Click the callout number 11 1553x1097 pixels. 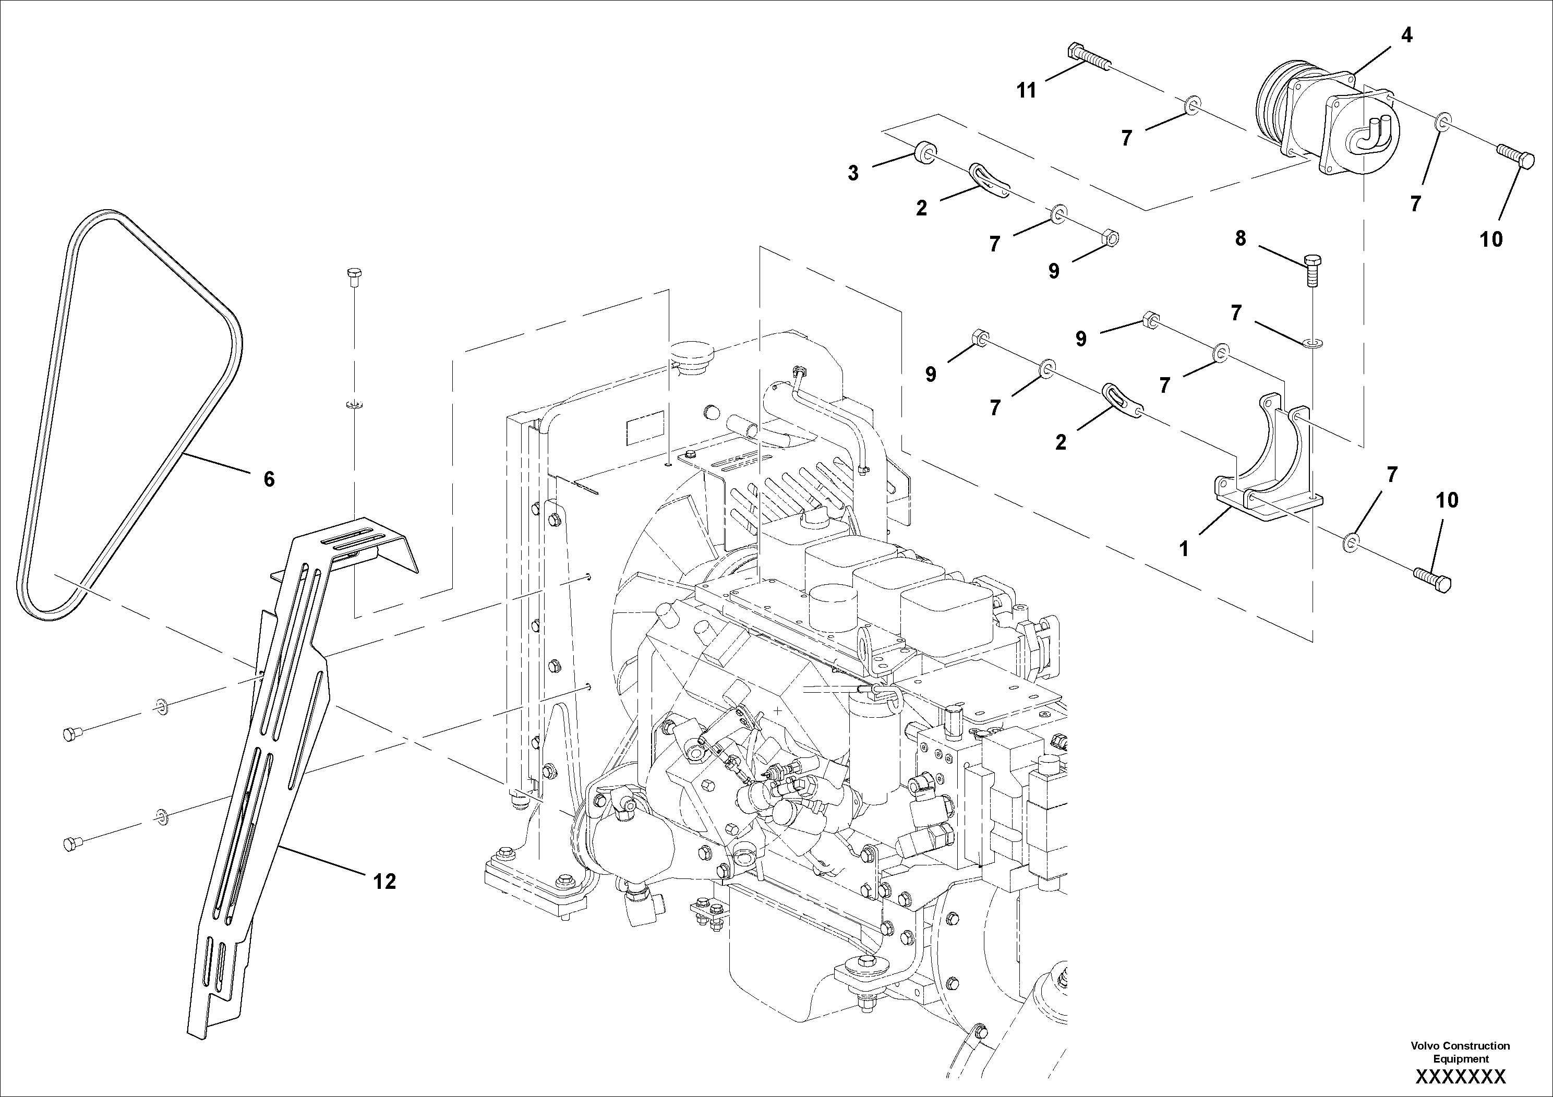coord(1026,91)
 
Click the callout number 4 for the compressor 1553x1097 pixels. coord(1406,35)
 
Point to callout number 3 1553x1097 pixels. coord(853,174)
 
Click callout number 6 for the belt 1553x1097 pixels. coord(269,479)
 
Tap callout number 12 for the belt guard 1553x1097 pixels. coord(384,881)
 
